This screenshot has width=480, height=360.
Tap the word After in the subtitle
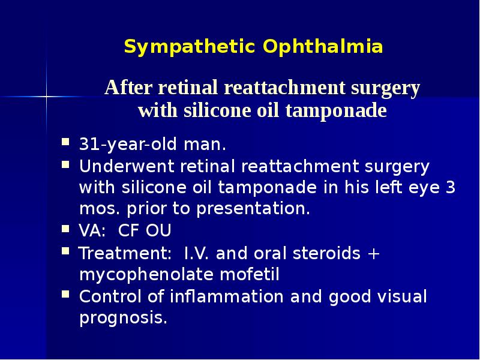128,88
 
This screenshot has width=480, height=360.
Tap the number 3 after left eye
451,187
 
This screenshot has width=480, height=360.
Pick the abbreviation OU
159,231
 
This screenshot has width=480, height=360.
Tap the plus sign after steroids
373,253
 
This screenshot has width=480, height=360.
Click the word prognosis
122,319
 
